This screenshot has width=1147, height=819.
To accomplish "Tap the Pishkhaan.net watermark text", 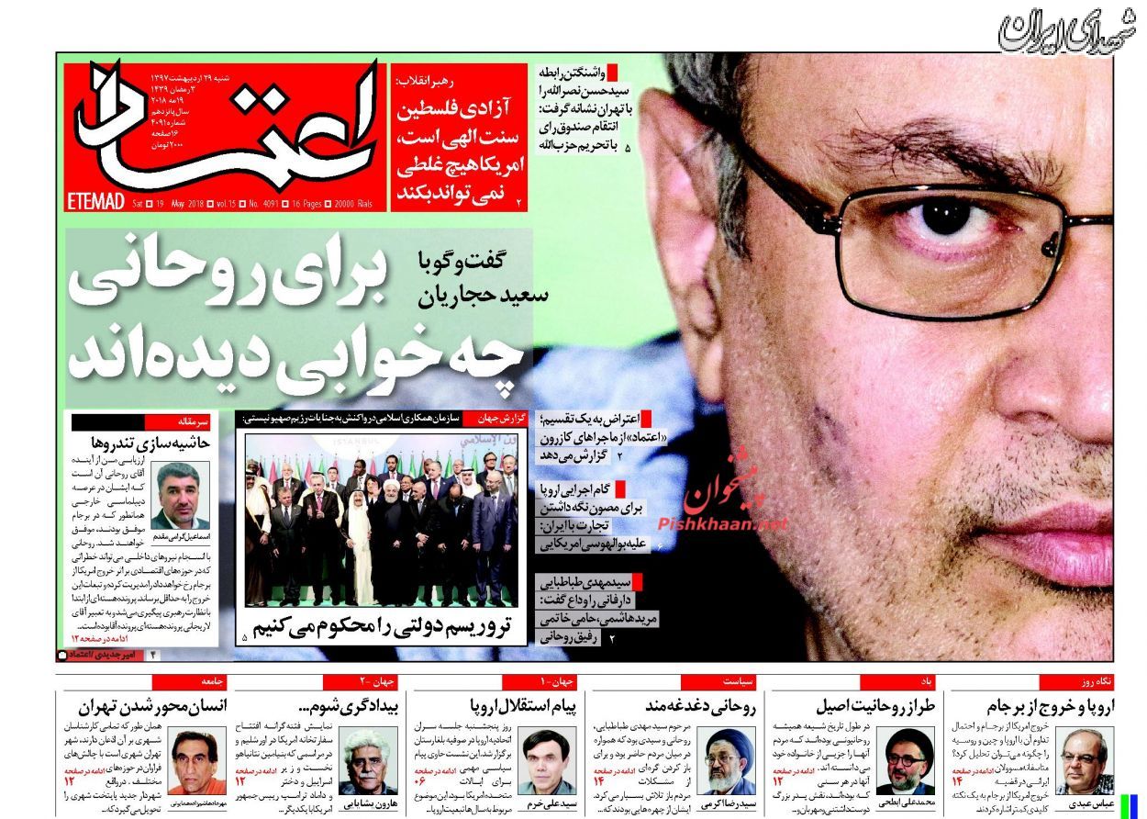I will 723,522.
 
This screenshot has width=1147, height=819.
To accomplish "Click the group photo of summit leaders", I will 381,519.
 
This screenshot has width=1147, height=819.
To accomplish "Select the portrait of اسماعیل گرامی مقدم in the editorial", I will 180,495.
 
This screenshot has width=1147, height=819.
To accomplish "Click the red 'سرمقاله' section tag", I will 194,421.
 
